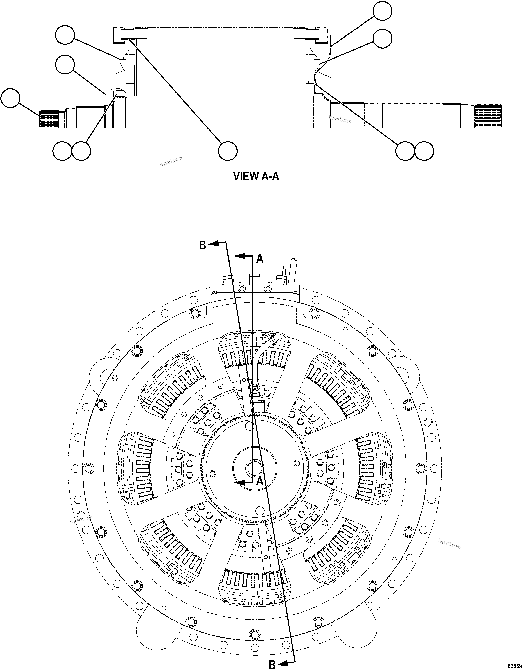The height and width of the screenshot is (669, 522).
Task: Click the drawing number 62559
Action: click(x=514, y=665)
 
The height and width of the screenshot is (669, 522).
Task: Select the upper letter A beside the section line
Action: click(x=260, y=259)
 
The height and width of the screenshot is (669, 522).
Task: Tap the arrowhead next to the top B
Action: click(x=215, y=243)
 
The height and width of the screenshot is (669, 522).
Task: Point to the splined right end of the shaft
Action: click(x=488, y=116)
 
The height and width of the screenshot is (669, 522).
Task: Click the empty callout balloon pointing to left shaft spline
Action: click(x=10, y=98)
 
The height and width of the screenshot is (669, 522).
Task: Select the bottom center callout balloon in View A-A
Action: click(x=228, y=150)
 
